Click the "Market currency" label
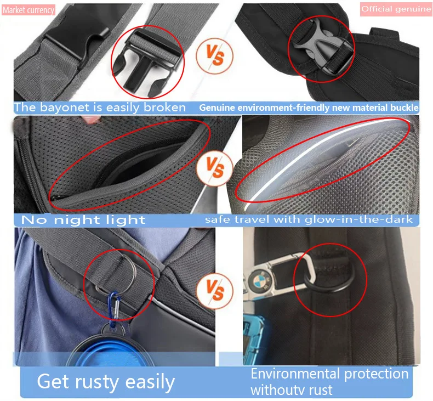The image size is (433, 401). point(29,10)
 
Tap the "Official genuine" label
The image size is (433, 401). point(396,9)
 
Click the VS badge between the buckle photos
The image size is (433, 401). point(215,55)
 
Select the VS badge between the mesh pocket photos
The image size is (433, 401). point(215,168)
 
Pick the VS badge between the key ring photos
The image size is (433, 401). point(215,291)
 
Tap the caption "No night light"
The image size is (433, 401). point(83,220)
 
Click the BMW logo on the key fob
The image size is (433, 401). point(258,281)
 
